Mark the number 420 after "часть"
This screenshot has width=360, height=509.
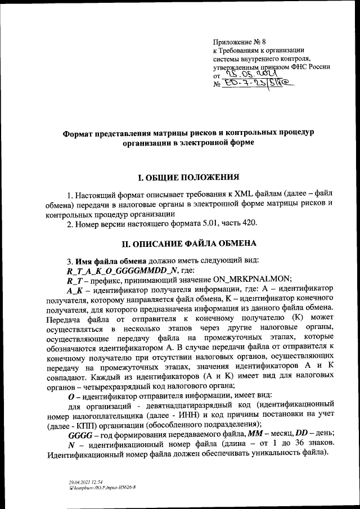coord(250,224)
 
